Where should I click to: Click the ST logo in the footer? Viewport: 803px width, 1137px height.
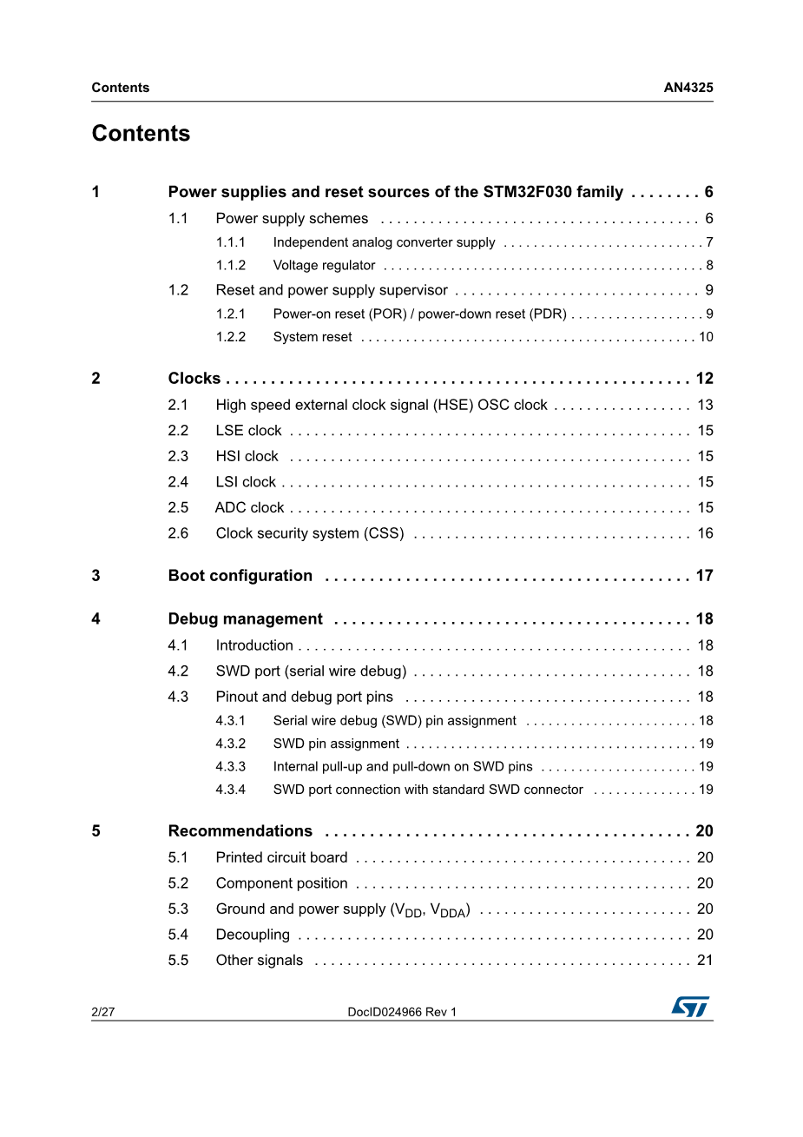click(x=690, y=1007)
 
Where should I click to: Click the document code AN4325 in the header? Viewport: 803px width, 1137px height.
click(x=688, y=88)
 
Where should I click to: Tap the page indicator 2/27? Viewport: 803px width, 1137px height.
click(x=103, y=1012)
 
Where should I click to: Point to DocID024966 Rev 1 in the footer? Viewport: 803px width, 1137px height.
click(x=402, y=1012)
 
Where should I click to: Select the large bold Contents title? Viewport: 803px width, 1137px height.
click(x=141, y=134)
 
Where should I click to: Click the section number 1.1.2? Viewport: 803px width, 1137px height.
click(x=231, y=266)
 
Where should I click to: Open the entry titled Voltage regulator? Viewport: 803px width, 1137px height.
click(x=324, y=266)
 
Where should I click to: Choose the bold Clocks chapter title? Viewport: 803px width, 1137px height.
click(x=194, y=379)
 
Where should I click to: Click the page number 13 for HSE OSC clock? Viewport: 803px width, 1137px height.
click(x=705, y=405)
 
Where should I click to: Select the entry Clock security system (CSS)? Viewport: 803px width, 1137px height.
click(x=310, y=533)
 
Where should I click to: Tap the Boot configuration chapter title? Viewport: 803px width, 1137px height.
click(x=240, y=576)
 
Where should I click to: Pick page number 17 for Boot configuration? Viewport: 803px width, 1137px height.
click(x=704, y=576)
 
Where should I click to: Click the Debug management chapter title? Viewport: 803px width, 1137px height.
click(x=246, y=619)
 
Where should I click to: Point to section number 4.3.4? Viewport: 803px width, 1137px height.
click(x=231, y=790)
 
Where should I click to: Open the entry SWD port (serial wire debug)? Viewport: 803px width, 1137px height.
click(x=311, y=671)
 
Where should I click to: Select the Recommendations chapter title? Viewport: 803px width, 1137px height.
click(x=240, y=831)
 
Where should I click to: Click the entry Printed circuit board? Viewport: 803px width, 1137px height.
click(x=281, y=858)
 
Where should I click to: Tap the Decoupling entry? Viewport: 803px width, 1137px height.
click(x=253, y=935)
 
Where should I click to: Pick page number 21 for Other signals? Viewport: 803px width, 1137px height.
click(x=705, y=961)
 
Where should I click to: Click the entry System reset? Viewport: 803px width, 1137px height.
click(x=313, y=337)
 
